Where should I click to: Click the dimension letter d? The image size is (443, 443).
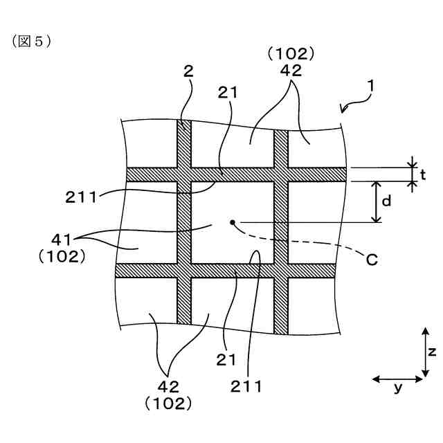[x=387, y=201]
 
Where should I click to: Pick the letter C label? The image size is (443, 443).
[x=372, y=260]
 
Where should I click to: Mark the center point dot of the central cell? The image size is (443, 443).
[x=233, y=222]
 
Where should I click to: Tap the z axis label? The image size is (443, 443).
[x=432, y=352]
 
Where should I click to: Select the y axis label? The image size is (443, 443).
[x=398, y=388]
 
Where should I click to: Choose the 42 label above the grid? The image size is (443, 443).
[x=291, y=70]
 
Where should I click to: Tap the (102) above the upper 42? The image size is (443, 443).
[x=291, y=53]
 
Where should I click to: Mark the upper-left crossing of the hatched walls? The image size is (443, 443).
[x=183, y=174]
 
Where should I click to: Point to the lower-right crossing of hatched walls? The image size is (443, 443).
[x=281, y=271]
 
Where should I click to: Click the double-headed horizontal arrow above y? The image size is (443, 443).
[x=398, y=378]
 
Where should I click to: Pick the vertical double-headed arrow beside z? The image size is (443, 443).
[x=423, y=352]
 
